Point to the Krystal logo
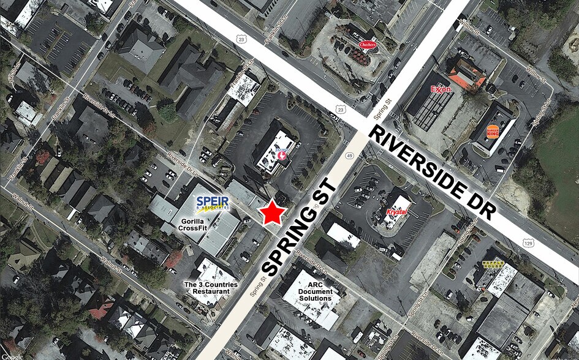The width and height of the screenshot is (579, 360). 397,212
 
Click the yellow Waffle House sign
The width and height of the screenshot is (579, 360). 490,264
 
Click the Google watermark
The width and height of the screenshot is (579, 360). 12,356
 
